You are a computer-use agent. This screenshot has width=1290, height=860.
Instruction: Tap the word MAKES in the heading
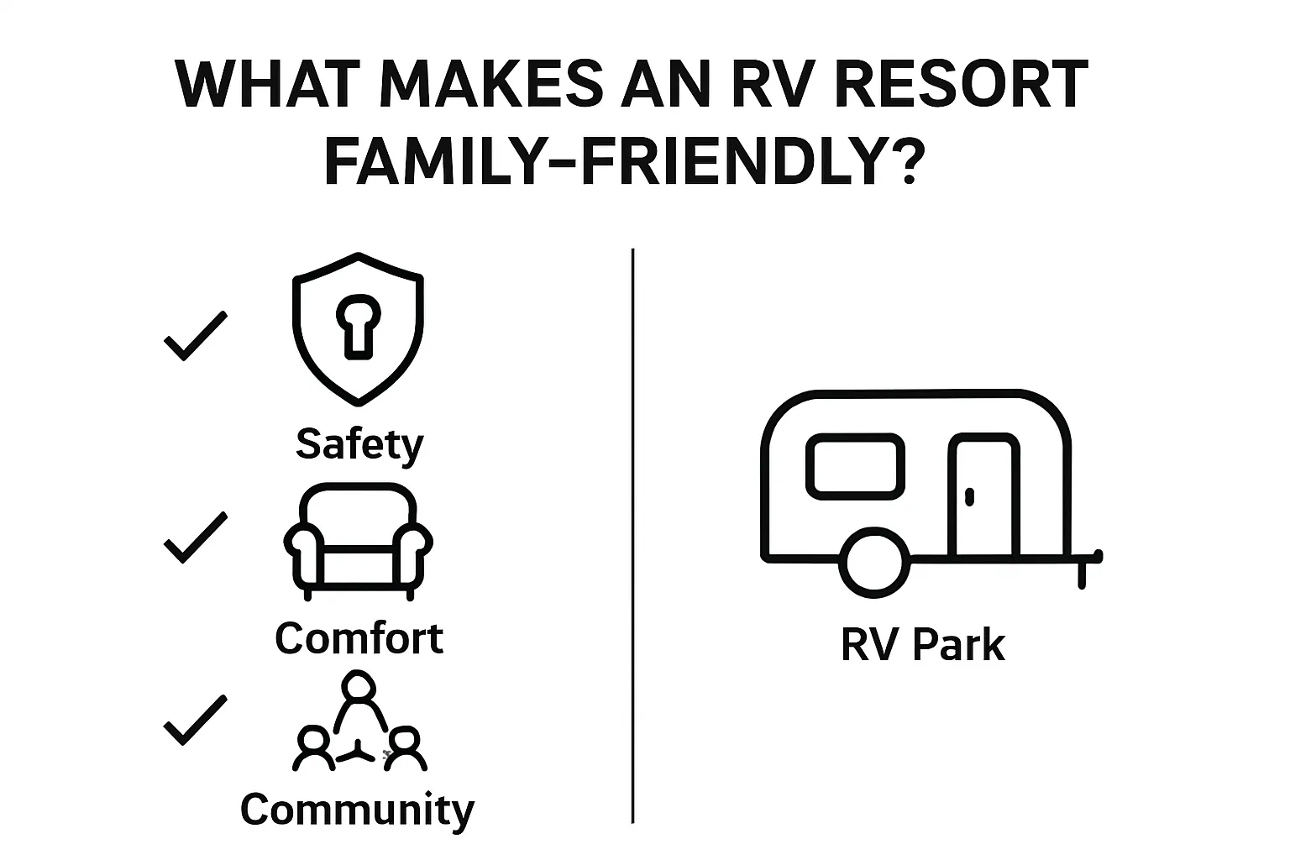click(x=491, y=84)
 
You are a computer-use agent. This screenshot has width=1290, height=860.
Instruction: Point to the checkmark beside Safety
click(x=196, y=336)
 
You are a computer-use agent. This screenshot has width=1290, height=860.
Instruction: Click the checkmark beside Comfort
click(x=196, y=537)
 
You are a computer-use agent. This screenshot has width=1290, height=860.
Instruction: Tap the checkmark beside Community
click(x=196, y=720)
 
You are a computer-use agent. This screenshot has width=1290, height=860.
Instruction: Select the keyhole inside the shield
click(x=359, y=327)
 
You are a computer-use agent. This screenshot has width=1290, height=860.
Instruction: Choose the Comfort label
click(x=359, y=638)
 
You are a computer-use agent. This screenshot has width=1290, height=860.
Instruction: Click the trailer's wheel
click(x=874, y=562)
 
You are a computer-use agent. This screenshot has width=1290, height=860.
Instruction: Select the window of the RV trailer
click(x=855, y=466)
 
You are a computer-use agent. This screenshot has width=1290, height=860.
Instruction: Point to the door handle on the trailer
click(x=969, y=496)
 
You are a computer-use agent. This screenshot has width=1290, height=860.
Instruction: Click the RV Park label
click(x=923, y=645)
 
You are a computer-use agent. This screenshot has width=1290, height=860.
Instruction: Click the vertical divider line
click(x=633, y=536)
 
